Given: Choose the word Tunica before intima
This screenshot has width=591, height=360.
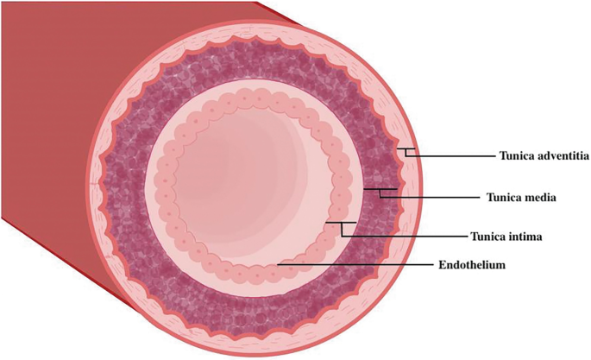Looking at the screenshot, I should point(485,235).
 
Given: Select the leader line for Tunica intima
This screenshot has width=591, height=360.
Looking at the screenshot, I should point(406,234).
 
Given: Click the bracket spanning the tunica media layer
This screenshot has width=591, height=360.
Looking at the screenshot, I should point(380,190).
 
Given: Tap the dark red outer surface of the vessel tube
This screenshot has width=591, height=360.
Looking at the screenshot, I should point(52,129).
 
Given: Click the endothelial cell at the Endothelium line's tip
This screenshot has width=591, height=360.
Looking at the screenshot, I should point(277,270).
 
